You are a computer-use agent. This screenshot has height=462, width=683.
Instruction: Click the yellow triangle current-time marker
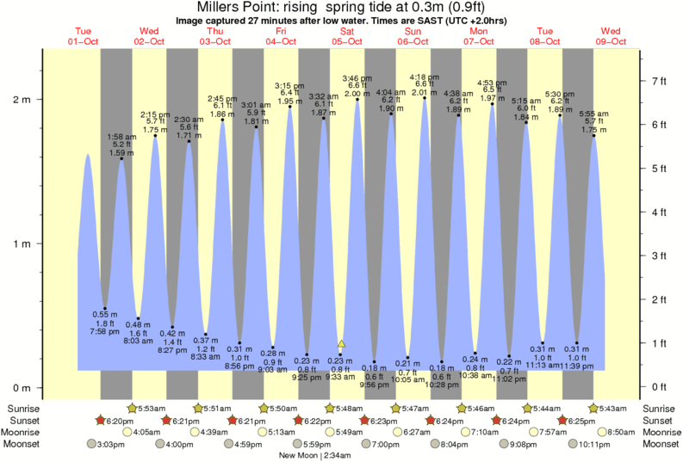pyautogui.click(x=342, y=344)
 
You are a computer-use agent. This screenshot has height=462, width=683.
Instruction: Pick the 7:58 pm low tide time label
pyautogui.click(x=104, y=331)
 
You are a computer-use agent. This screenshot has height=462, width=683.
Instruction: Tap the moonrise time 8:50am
pyautogui.click(x=619, y=432)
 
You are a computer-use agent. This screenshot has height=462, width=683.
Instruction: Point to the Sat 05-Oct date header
pyautogui.click(x=347, y=36)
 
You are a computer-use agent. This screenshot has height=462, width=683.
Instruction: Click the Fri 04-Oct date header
pyautogui.click(x=281, y=36)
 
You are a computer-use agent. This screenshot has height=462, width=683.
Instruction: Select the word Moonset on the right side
pyautogui.click(x=661, y=444)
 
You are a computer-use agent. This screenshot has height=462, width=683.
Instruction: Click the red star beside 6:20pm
pyautogui.click(x=100, y=420)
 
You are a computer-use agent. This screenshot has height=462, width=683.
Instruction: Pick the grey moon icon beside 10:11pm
pyautogui.click(x=573, y=444)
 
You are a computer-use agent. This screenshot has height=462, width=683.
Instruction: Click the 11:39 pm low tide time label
pyautogui.click(x=576, y=366)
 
